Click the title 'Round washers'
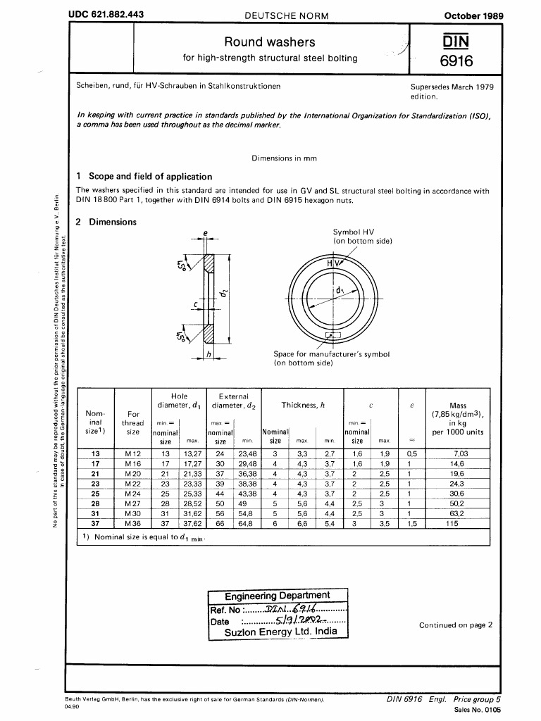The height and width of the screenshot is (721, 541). (x=270, y=42)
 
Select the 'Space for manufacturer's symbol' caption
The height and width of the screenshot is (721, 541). (x=331, y=354)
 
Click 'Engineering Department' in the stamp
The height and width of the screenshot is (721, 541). (x=277, y=596)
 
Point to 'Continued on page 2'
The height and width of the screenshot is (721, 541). (x=456, y=625)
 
